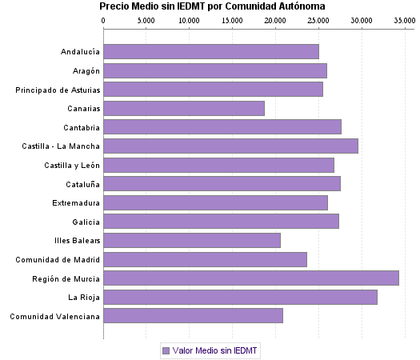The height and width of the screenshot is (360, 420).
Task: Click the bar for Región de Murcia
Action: tap(250, 278)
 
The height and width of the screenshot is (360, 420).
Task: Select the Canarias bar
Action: tap(183, 108)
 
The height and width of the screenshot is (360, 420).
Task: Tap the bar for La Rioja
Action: tap(240, 298)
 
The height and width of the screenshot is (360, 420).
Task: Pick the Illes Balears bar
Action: tap(191, 241)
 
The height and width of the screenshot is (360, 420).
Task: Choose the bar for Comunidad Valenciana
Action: tap(193, 316)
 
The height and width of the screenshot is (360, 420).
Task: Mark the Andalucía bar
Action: tap(210, 52)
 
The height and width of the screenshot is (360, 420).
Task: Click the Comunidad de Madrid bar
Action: tap(205, 259)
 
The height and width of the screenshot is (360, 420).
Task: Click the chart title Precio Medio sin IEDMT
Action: tap(212, 6)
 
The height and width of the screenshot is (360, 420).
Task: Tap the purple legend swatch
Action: tap(166, 350)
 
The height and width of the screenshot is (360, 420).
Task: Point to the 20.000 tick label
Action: tap(275, 20)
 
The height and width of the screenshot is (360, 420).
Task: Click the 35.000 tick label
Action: tap(404, 20)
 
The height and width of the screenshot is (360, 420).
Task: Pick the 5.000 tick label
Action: tap(146, 20)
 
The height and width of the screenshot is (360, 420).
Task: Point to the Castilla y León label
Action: tap(72, 165)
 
